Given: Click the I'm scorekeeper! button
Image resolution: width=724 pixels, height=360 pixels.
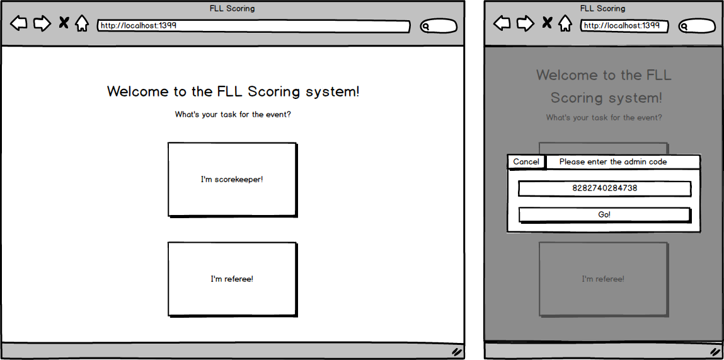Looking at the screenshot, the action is (x=232, y=179).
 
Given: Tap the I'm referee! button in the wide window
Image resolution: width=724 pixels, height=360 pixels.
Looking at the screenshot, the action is (x=232, y=279).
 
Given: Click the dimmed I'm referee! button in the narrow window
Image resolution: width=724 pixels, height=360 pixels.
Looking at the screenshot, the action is (x=603, y=279).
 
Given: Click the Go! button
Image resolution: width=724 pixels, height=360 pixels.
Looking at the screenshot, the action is (x=604, y=215).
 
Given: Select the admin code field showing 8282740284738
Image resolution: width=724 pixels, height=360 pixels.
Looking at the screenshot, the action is (x=604, y=189).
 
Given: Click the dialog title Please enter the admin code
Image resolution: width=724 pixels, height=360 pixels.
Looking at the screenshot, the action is (x=613, y=162).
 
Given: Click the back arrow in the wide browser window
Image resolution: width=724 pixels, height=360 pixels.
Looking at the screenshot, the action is (x=18, y=23).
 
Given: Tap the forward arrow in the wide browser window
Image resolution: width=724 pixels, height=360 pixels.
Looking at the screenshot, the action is (x=42, y=23).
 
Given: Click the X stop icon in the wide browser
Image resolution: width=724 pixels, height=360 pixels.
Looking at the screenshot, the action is (x=64, y=23).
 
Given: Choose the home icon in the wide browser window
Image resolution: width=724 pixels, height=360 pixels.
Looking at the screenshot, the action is (x=82, y=23).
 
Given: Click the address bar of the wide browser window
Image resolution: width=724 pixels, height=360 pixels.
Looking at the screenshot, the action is (x=253, y=26).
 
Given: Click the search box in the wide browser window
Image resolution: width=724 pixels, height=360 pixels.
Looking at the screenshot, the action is (x=439, y=26).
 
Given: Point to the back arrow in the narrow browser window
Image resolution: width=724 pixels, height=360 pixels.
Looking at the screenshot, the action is (x=502, y=23).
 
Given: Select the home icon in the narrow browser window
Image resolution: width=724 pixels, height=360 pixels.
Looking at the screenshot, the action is (x=565, y=23).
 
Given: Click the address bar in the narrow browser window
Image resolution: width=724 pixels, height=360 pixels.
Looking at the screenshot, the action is (x=624, y=26).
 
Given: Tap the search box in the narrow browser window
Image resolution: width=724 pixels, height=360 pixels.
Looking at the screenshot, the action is (x=697, y=26).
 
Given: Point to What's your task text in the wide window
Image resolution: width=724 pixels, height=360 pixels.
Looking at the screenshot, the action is (x=207, y=115).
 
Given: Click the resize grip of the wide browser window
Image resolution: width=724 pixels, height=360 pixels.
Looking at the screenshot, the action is (x=457, y=352).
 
